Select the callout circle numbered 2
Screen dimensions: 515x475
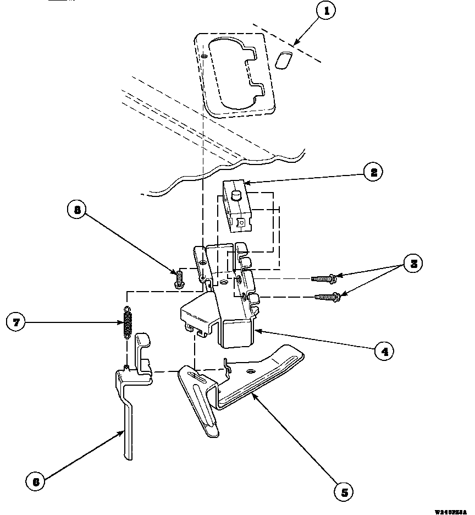click(x=374, y=172)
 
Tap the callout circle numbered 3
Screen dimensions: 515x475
click(x=413, y=264)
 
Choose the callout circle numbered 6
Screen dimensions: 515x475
click(x=36, y=482)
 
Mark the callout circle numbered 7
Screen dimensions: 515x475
click(x=16, y=322)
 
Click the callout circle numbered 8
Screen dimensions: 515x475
click(x=77, y=210)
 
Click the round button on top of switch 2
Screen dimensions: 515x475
click(x=237, y=194)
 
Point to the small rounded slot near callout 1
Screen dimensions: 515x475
click(x=284, y=60)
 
